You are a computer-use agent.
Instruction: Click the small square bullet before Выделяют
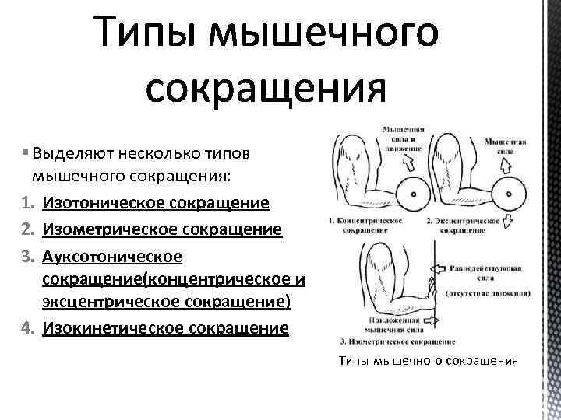tap(26, 151)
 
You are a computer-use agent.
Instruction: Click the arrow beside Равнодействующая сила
tap(437, 268)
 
